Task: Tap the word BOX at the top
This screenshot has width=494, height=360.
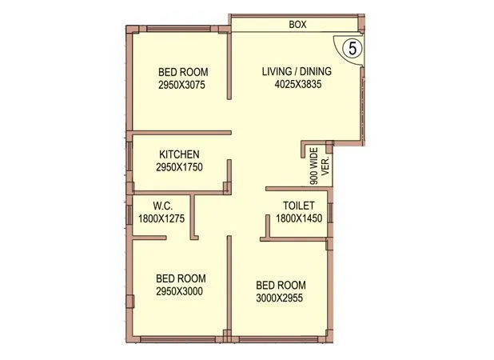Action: click(297, 25)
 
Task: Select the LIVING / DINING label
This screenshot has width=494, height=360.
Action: click(297, 71)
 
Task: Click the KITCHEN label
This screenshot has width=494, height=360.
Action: click(179, 154)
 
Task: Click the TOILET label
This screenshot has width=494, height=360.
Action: click(295, 206)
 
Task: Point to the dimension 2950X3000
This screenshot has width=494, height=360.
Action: click(179, 291)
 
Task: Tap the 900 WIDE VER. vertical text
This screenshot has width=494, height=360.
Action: click(320, 166)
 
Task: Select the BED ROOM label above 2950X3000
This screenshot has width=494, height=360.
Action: click(179, 278)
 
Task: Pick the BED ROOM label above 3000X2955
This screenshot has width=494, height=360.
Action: click(280, 285)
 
